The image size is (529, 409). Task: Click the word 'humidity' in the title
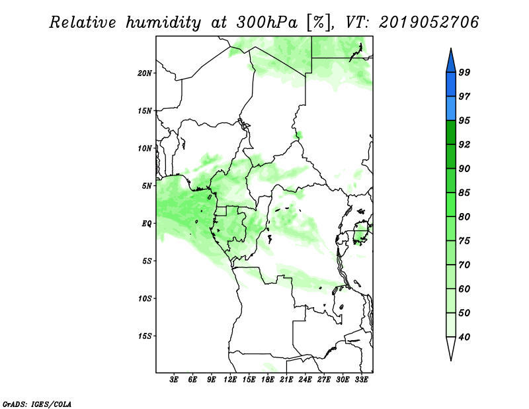(163, 23)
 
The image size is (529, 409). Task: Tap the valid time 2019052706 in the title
(428, 23)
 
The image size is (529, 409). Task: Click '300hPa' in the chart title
(267, 23)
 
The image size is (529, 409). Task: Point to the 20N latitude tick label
(144, 73)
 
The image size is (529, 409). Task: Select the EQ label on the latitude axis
(146, 224)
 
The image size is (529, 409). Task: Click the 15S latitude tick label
(144, 336)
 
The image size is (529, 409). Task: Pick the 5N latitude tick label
(146, 186)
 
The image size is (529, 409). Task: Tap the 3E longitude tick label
(174, 379)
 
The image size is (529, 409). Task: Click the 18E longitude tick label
(268, 379)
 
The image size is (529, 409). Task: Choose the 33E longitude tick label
(361, 379)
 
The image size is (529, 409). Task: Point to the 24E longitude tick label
(305, 379)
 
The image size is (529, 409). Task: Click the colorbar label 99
(464, 72)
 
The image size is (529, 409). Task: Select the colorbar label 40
(464, 337)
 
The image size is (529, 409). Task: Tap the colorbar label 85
(464, 193)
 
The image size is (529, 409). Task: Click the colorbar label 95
(464, 120)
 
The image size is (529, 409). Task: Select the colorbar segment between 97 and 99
(451, 85)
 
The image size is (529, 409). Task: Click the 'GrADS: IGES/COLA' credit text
(37, 404)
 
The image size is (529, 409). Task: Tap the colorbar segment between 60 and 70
(451, 277)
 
